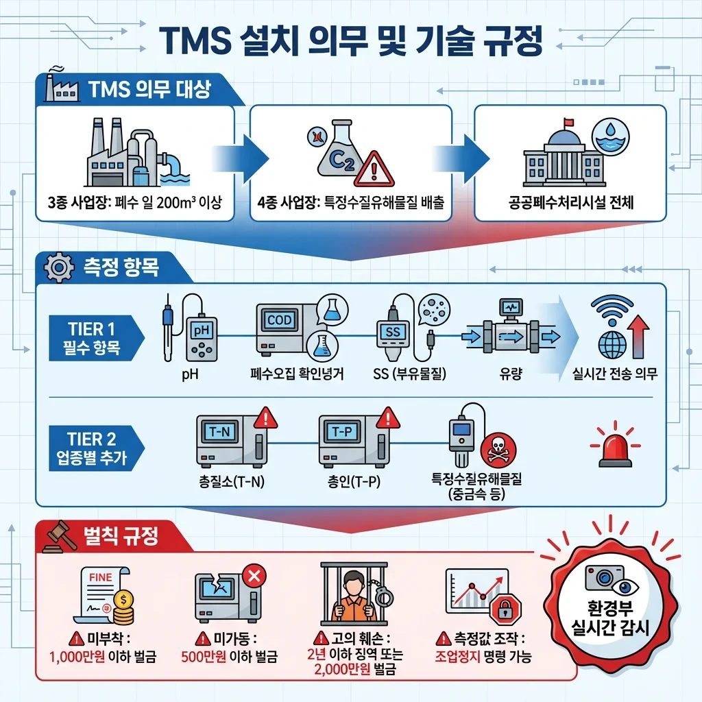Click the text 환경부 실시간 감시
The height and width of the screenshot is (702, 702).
coord(609,616)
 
